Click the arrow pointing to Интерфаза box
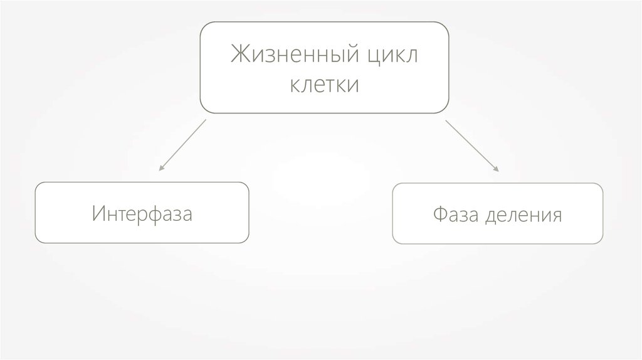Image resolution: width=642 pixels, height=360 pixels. click(183, 144)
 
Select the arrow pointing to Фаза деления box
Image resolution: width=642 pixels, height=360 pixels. click(471, 145)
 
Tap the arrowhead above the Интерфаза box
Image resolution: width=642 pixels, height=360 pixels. click(162, 168)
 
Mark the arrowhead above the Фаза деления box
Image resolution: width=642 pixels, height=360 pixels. click(497, 169)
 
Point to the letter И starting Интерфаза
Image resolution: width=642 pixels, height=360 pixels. click(97, 213)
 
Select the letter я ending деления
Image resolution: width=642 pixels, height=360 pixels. click(556, 216)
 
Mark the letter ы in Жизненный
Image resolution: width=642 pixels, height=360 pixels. click(331, 56)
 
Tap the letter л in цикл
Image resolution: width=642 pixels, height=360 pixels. click(411, 55)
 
